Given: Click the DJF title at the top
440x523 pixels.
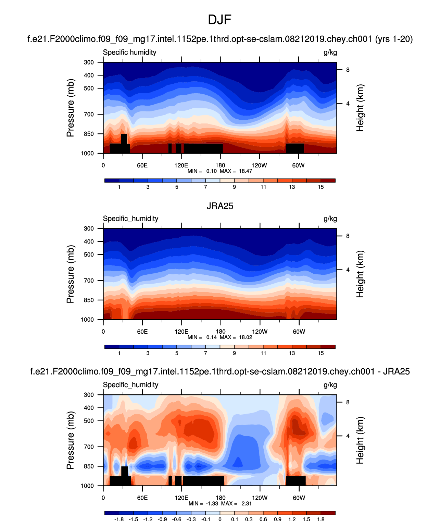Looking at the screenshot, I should [219, 20].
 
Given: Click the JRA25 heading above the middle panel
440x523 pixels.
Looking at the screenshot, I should [220, 206].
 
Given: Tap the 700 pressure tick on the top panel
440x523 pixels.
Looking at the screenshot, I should [89, 114].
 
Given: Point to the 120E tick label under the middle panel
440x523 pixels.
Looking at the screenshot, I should [181, 332].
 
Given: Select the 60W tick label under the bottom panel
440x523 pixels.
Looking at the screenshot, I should [299, 498].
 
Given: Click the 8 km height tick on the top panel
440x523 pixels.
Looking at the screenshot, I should [348, 70].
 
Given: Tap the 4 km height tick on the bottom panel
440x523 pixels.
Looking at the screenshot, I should [348, 436].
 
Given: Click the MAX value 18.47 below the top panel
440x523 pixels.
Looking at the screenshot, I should [245, 171].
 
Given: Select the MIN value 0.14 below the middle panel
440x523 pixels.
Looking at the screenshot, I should [211, 337].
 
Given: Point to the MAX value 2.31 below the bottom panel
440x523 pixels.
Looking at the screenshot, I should [247, 504].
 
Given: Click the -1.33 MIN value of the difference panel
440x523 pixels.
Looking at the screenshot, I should [212, 504].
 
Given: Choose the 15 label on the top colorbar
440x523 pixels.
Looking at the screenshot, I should [320, 187].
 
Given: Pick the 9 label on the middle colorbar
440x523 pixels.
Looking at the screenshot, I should [234, 353].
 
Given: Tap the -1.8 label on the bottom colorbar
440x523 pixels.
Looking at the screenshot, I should [118, 520].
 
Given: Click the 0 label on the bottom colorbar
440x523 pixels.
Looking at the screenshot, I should [220, 520].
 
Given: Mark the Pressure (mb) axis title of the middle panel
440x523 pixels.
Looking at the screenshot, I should [70, 274].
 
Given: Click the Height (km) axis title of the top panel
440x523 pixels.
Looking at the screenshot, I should [360, 108].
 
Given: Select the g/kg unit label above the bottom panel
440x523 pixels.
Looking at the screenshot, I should [330, 385].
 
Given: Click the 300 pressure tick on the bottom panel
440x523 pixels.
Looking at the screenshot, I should [89, 395].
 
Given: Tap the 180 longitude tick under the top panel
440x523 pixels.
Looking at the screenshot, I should [220, 165].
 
